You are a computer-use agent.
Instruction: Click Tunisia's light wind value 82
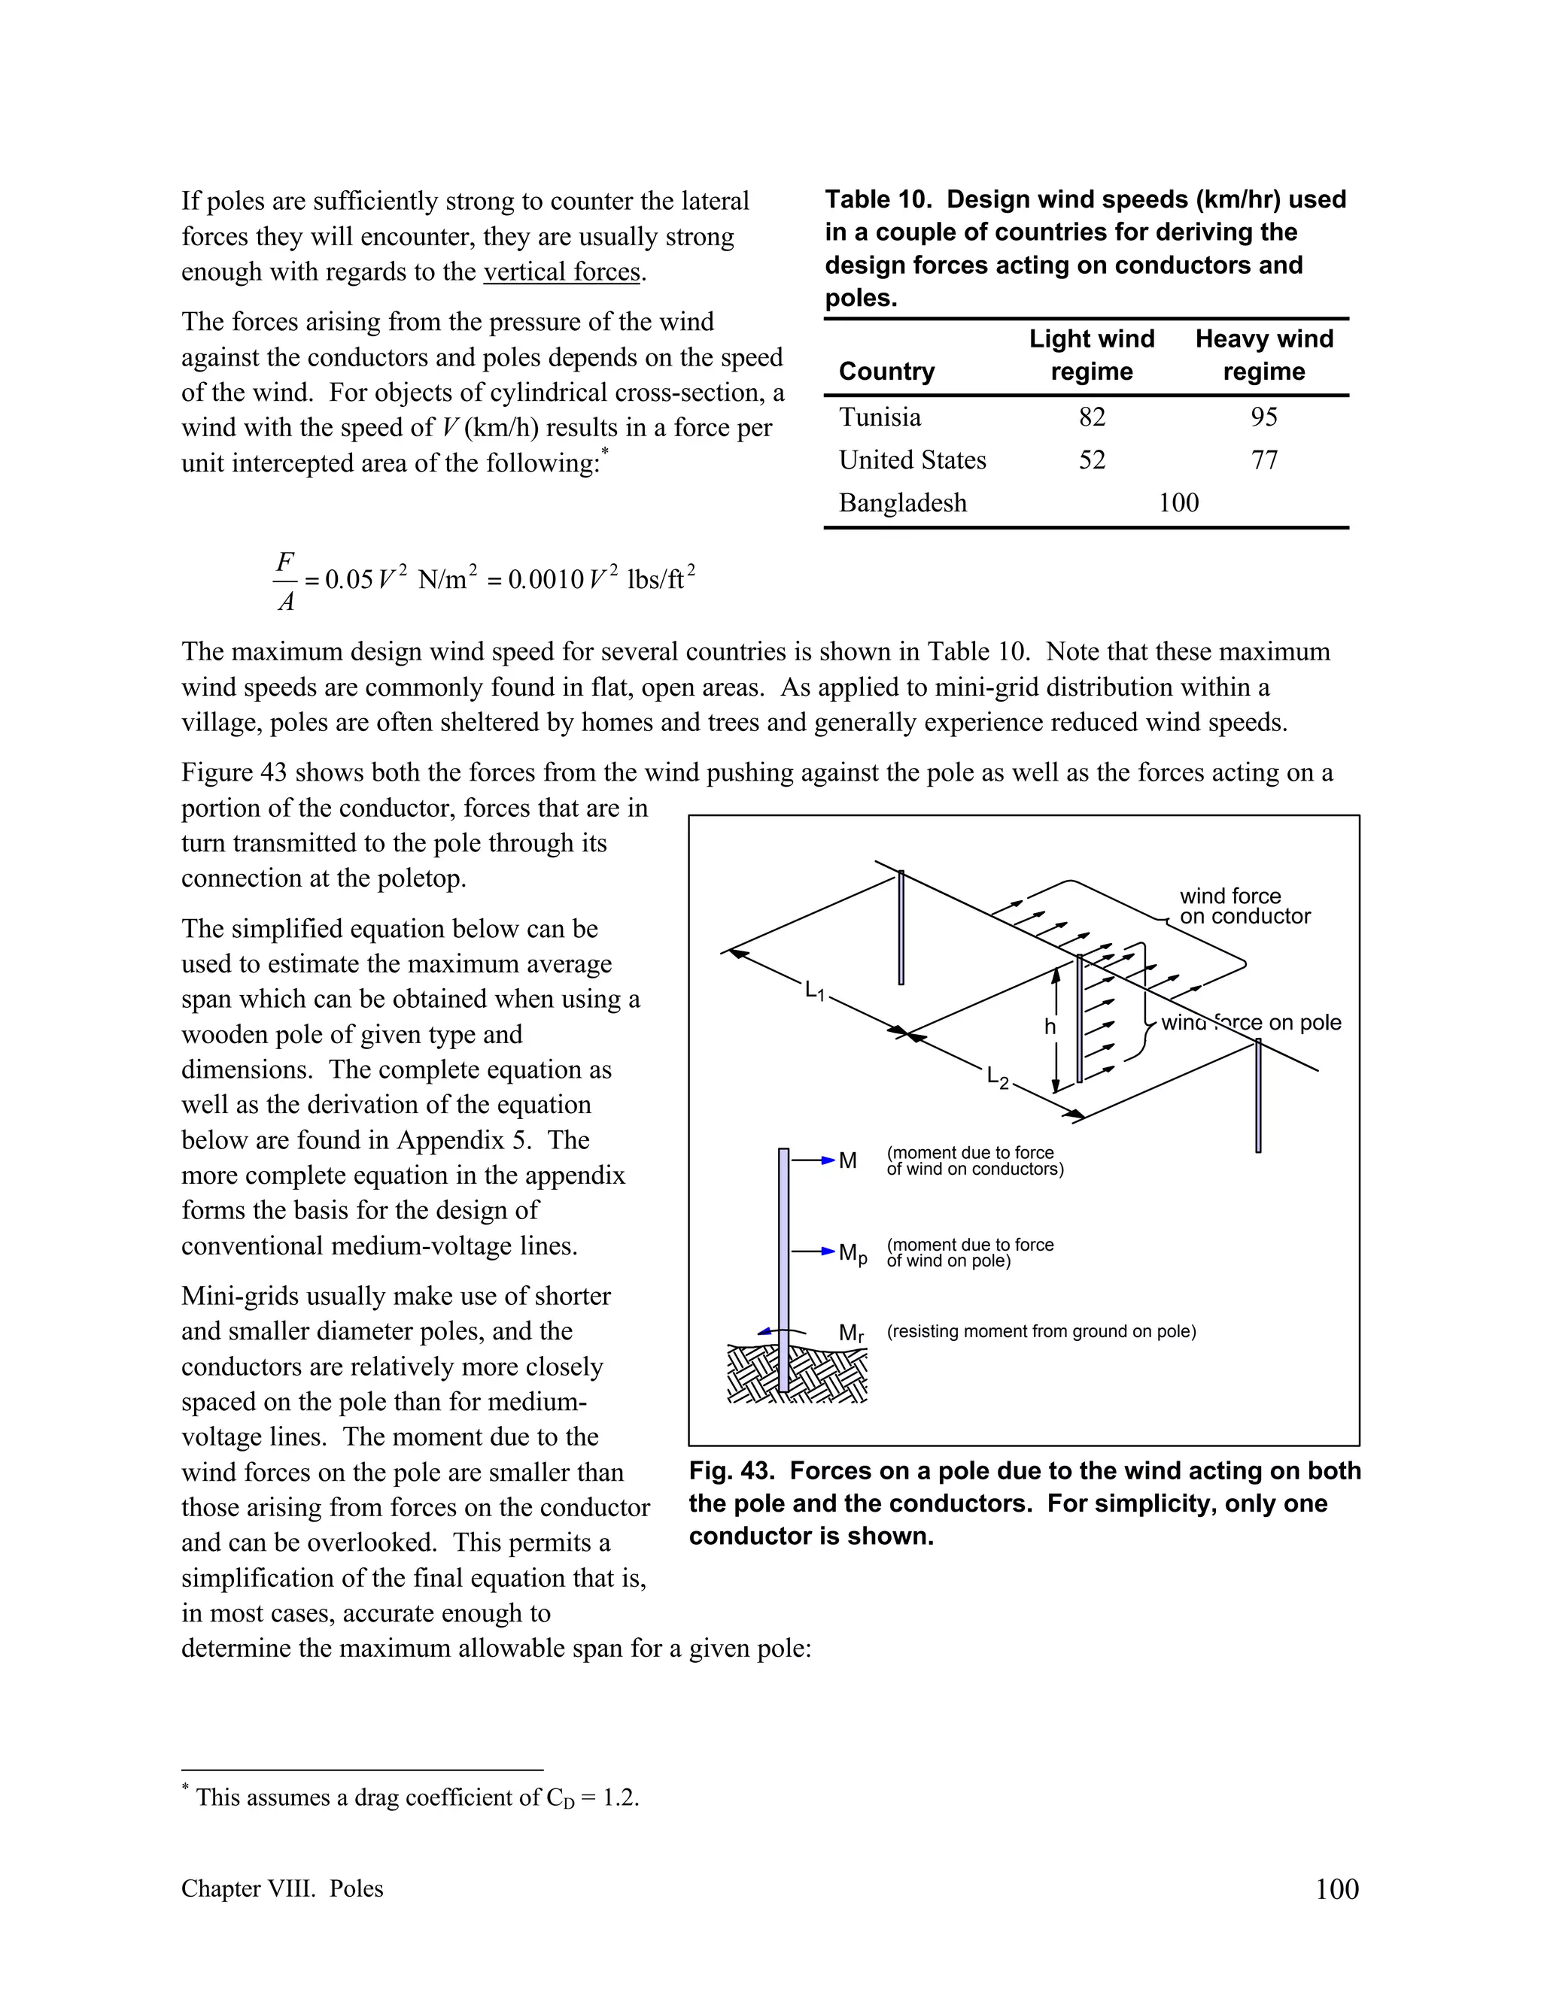click(1091, 417)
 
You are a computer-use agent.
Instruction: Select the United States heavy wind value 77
click(1263, 460)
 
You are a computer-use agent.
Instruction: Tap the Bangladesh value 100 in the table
click(1178, 503)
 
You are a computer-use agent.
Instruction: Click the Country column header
click(886, 372)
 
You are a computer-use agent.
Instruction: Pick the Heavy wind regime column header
click(1263, 355)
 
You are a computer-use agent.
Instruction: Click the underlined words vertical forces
click(561, 272)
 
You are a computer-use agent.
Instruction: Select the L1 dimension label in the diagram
click(814, 991)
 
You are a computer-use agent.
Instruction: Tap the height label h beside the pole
click(1049, 1027)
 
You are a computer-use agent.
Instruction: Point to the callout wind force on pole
click(1251, 1023)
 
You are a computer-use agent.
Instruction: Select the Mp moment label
click(852, 1254)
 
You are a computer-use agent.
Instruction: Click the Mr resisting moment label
click(851, 1333)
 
